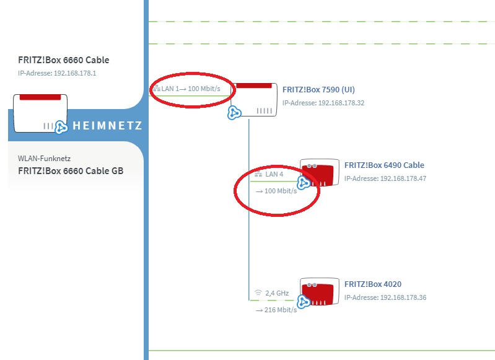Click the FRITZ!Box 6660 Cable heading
pyautogui.click(x=64, y=60)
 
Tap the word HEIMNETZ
pyautogui.click(x=107, y=126)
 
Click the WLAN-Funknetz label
pyautogui.click(x=44, y=159)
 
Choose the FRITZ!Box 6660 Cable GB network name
pyautogui.click(x=71, y=170)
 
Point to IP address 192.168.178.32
pyautogui.click(x=323, y=103)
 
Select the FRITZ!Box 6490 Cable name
pyautogui.click(x=384, y=165)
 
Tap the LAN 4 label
pyautogui.click(x=274, y=174)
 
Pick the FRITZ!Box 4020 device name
pyautogui.click(x=373, y=284)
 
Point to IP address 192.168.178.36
pyautogui.click(x=385, y=297)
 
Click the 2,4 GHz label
pyautogui.click(x=277, y=292)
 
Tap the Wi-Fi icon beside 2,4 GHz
pyautogui.click(x=258, y=292)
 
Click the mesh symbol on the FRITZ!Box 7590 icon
pyautogui.click(x=234, y=112)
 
